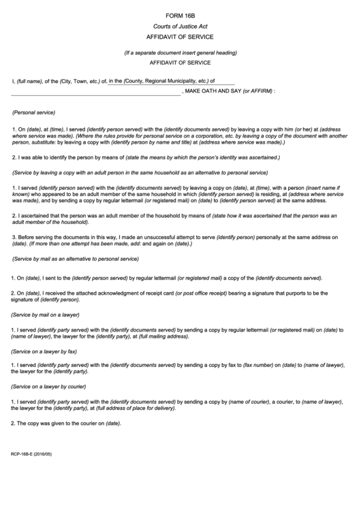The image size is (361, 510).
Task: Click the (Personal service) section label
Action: [x=34, y=112]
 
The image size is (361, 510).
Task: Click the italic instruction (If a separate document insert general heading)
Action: [x=180, y=52]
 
